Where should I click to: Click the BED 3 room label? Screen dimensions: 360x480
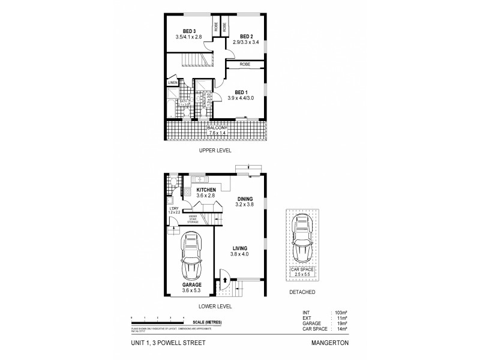pyautogui.click(x=190, y=34)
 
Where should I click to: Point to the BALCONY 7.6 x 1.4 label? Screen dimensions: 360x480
pyautogui.click(x=217, y=130)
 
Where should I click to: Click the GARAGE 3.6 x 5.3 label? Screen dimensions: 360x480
pyautogui.click(x=191, y=287)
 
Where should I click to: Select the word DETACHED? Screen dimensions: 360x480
pyautogui.click(x=302, y=292)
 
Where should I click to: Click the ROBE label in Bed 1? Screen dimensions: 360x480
pyautogui.click(x=244, y=64)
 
